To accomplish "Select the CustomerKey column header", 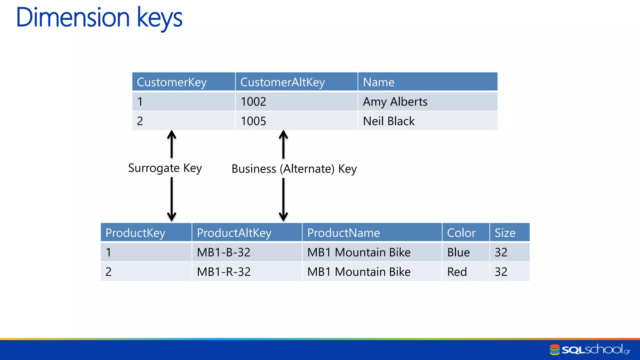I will [172, 82].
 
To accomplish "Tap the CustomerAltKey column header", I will [282, 82].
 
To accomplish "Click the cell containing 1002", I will [253, 102].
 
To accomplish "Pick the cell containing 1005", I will [253, 121].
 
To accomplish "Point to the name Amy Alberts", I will [395, 102].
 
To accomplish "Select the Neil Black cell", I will [389, 121].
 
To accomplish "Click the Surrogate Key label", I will [165, 168].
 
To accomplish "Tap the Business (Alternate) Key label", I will [294, 169].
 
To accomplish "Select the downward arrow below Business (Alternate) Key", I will [283, 200].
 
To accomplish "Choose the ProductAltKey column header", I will [234, 233].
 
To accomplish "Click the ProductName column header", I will [343, 233].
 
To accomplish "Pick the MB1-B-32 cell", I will [224, 252].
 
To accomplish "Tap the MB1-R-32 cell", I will [224, 272].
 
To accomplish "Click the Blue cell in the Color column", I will [458, 252].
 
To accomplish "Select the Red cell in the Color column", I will [457, 272].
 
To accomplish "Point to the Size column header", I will [505, 233].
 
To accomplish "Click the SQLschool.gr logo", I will [590, 349].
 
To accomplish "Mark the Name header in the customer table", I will [378, 82].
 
